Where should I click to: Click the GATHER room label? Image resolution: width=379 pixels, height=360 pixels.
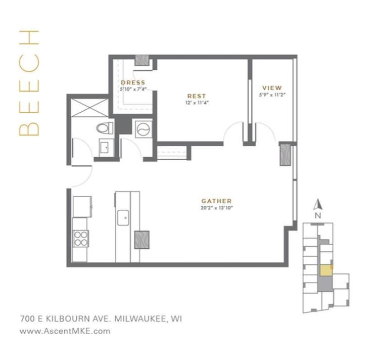[x=217, y=200]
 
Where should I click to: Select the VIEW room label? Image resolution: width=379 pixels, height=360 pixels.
[x=272, y=88]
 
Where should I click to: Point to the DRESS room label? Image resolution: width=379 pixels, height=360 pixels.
[x=133, y=82]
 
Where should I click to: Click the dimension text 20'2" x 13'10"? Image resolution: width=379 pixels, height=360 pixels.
[x=217, y=207]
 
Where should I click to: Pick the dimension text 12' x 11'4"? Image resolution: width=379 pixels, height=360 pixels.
[x=197, y=102]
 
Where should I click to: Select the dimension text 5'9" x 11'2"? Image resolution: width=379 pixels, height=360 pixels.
[x=272, y=94]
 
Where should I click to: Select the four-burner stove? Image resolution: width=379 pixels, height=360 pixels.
[x=80, y=238]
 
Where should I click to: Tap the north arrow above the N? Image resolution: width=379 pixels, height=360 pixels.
[x=318, y=204]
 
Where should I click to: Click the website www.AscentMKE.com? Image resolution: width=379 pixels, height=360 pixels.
[x=65, y=332]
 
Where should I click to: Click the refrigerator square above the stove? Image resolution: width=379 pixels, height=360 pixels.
[x=81, y=207]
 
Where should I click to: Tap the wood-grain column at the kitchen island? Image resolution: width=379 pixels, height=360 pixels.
[x=141, y=239]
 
